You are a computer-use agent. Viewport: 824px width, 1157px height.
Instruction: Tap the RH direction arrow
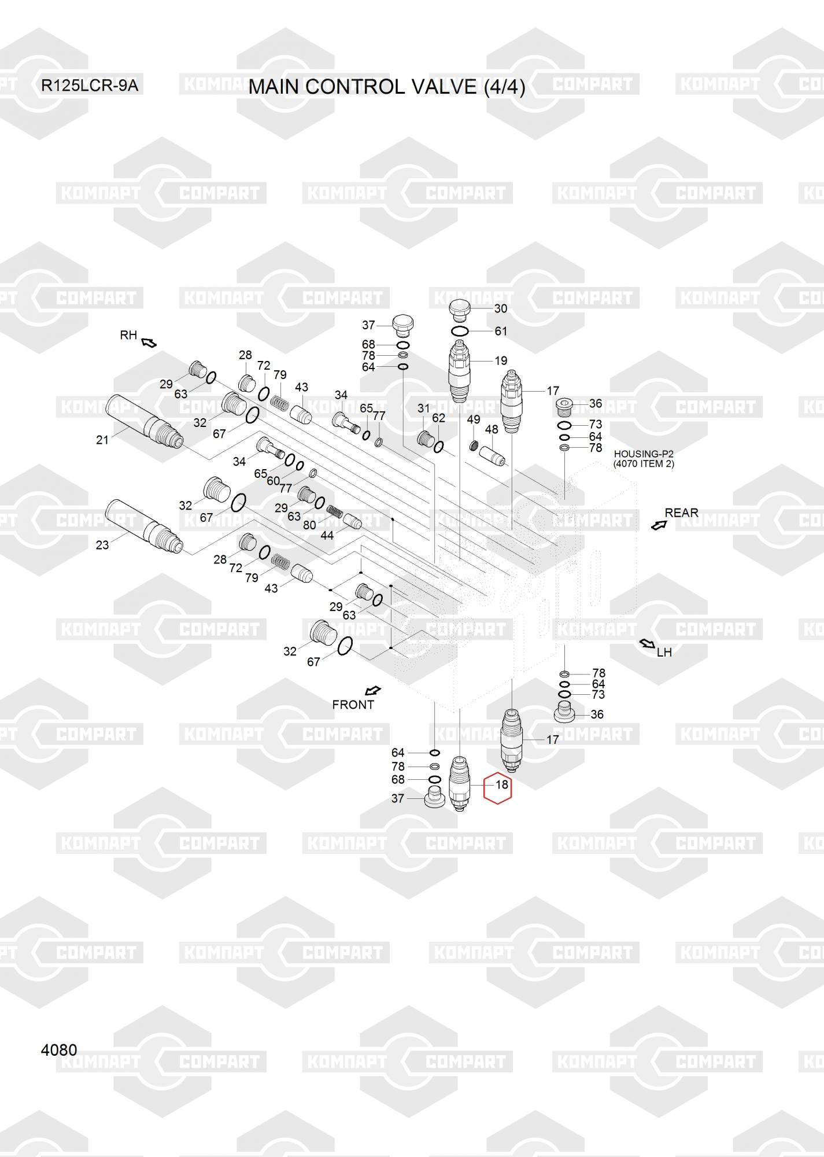pyautogui.click(x=149, y=342)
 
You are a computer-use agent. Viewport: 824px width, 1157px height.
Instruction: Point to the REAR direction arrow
pyautogui.click(x=659, y=525)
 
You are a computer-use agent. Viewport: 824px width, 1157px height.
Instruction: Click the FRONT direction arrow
pyautogui.click(x=374, y=690)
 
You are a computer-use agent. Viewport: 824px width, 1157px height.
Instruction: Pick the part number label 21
pyautogui.click(x=102, y=440)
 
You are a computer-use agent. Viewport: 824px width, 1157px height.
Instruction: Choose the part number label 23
pyautogui.click(x=102, y=544)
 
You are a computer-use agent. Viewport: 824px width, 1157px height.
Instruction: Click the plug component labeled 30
pyautogui.click(x=460, y=310)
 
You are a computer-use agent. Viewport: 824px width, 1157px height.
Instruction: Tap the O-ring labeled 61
pyautogui.click(x=461, y=331)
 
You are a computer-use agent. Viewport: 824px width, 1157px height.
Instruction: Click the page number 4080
pyautogui.click(x=59, y=1049)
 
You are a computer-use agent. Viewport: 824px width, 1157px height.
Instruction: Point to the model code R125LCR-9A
pyautogui.click(x=90, y=86)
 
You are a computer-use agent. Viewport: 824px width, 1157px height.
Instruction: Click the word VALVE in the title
pyautogui.click(x=444, y=87)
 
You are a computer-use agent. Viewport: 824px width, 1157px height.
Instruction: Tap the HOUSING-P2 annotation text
pyautogui.click(x=644, y=454)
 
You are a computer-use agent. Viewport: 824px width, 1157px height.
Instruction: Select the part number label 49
pyautogui.click(x=474, y=419)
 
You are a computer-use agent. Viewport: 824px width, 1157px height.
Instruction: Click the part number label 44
pyautogui.click(x=327, y=535)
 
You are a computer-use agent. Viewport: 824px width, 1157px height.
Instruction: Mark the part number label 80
pyautogui.click(x=309, y=525)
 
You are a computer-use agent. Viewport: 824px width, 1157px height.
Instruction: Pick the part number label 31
pyautogui.click(x=424, y=408)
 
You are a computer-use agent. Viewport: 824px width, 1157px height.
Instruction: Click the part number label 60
pyautogui.click(x=273, y=481)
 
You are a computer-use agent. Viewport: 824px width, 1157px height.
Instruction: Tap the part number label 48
pyautogui.click(x=492, y=429)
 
